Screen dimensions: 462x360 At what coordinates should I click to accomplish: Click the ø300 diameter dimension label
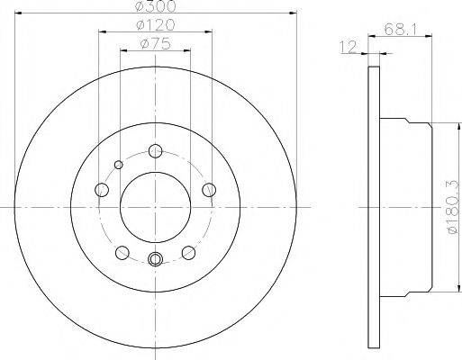pos(156,6)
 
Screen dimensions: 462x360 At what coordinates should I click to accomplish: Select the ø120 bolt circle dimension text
pos(156,25)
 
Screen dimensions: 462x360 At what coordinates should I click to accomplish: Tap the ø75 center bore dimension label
pos(156,44)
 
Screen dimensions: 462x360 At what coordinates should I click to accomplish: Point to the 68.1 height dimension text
pos(400,30)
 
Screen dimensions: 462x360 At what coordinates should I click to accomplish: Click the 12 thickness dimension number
pos(349,47)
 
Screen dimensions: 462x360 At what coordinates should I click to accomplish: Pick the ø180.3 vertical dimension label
pos(455,207)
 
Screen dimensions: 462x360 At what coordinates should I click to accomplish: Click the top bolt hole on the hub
pos(155,150)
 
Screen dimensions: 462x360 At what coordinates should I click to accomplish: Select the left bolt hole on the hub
pos(102,190)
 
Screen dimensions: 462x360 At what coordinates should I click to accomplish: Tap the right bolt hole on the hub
pos(209,190)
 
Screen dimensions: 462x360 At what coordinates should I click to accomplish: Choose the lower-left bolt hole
pos(122,253)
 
